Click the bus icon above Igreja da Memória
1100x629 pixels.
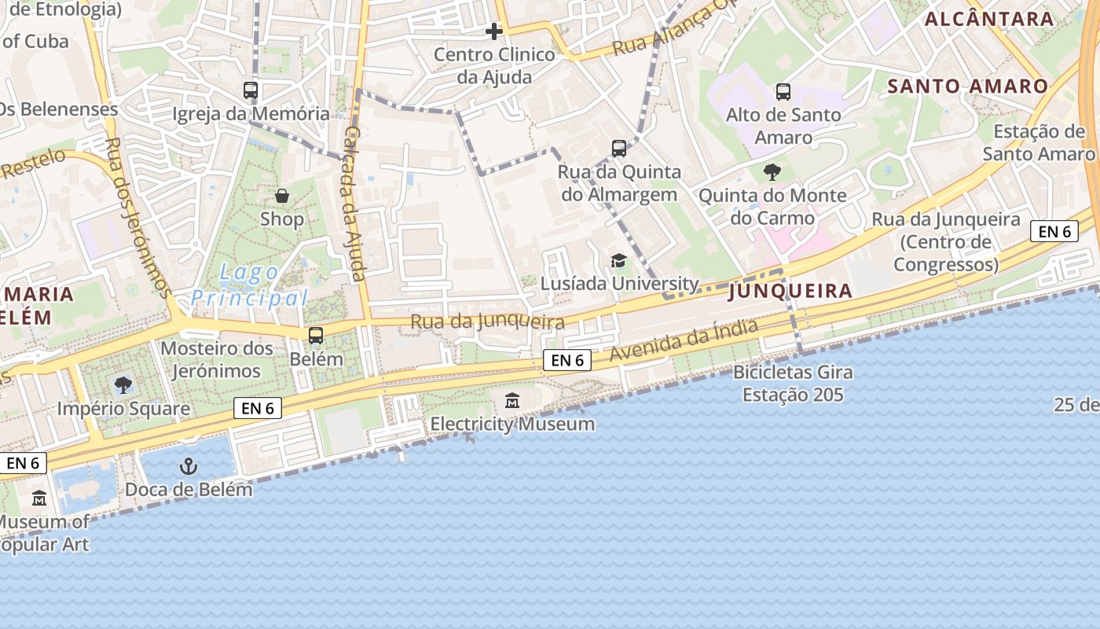click(x=251, y=90)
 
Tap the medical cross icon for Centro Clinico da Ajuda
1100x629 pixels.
click(x=494, y=31)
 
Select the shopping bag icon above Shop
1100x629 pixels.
click(x=282, y=196)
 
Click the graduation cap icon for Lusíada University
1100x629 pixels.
click(x=619, y=260)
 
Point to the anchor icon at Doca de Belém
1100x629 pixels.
click(x=189, y=466)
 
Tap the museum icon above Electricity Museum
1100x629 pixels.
click(x=512, y=401)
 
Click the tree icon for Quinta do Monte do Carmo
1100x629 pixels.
click(x=772, y=171)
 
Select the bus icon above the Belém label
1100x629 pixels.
click(x=316, y=336)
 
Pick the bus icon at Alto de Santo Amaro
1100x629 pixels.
click(x=783, y=91)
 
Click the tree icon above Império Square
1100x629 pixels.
click(x=123, y=385)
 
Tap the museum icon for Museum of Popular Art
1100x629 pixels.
click(x=39, y=498)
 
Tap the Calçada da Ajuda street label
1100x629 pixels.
click(x=354, y=204)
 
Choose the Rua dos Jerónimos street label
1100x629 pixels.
click(x=138, y=218)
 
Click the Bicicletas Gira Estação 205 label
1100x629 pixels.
click(x=793, y=383)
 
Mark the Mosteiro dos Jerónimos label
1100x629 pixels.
click(x=217, y=359)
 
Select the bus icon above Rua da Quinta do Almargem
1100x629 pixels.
click(x=619, y=148)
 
